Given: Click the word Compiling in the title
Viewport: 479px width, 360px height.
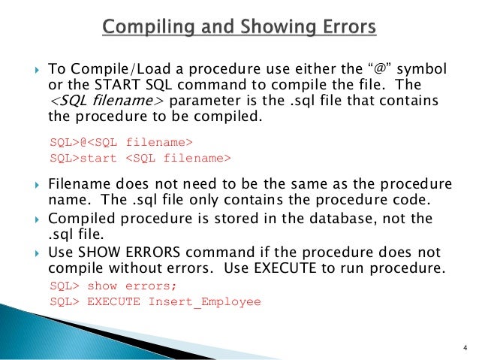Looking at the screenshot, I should click(x=141, y=29).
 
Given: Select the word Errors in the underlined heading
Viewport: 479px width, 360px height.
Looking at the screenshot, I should click(x=339, y=29).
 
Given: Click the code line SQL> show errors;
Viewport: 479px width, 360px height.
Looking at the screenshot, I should click(x=110, y=286).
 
